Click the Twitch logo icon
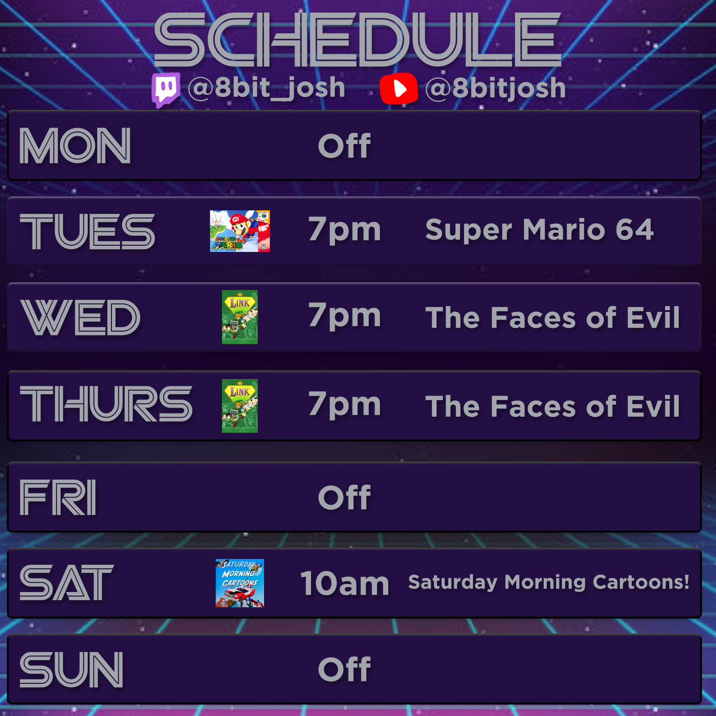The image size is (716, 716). click(x=166, y=89)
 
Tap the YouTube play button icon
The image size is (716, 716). click(x=399, y=88)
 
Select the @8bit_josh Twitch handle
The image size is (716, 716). click(x=267, y=88)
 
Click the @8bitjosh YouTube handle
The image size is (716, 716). click(x=495, y=88)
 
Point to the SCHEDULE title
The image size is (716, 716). click(x=358, y=39)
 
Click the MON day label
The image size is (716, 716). click(x=75, y=146)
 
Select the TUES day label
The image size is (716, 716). click(x=87, y=231)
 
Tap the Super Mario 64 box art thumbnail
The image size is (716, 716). click(x=240, y=231)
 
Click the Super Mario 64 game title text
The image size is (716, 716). click(x=539, y=230)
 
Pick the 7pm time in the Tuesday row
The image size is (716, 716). click(x=345, y=230)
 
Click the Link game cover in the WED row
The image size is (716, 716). click(x=240, y=317)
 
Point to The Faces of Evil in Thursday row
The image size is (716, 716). click(x=553, y=406)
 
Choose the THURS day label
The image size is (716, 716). click(x=106, y=404)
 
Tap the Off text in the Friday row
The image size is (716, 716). click(x=345, y=498)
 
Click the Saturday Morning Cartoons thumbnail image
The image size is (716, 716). click(x=240, y=583)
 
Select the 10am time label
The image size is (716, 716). click(x=345, y=583)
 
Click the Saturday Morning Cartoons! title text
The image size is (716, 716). click(x=549, y=583)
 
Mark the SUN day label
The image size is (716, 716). click(x=72, y=669)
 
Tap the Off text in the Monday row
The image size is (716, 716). click(x=345, y=146)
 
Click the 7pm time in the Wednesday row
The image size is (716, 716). click(x=345, y=316)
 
